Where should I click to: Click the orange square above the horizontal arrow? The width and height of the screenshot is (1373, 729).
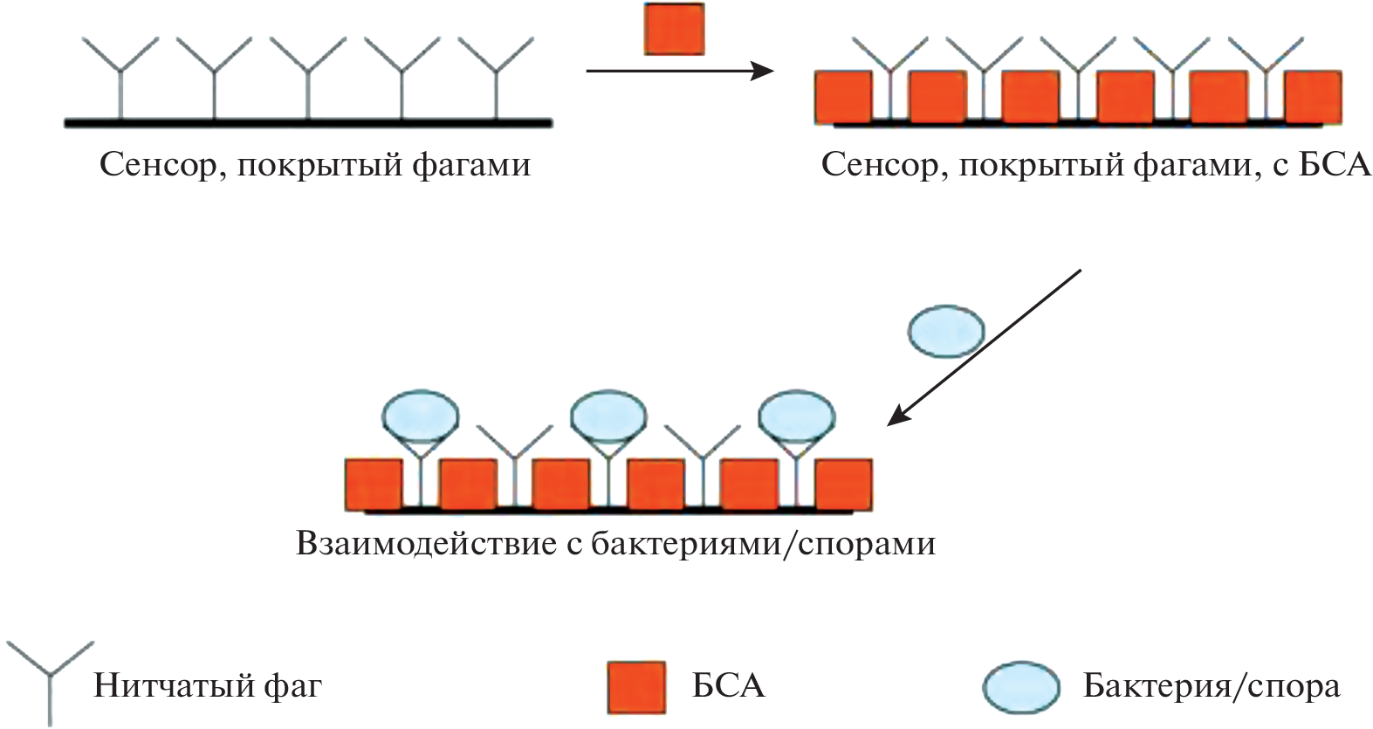pyautogui.click(x=674, y=29)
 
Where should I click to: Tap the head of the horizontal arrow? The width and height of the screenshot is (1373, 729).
pyautogui.click(x=765, y=71)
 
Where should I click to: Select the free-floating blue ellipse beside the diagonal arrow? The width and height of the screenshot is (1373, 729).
pyautogui.click(x=946, y=332)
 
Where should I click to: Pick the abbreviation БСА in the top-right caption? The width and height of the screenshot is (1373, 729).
pyautogui.click(x=1335, y=164)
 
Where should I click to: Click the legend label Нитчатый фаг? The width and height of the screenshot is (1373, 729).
pyautogui.click(x=208, y=685)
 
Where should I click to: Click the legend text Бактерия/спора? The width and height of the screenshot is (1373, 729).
pyautogui.click(x=1212, y=686)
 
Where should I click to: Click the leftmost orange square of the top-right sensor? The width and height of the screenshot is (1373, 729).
pyautogui.click(x=843, y=97)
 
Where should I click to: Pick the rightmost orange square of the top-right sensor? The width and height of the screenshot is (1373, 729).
pyautogui.click(x=1314, y=97)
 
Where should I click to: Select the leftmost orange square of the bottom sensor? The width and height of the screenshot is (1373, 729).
pyautogui.click(x=374, y=485)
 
